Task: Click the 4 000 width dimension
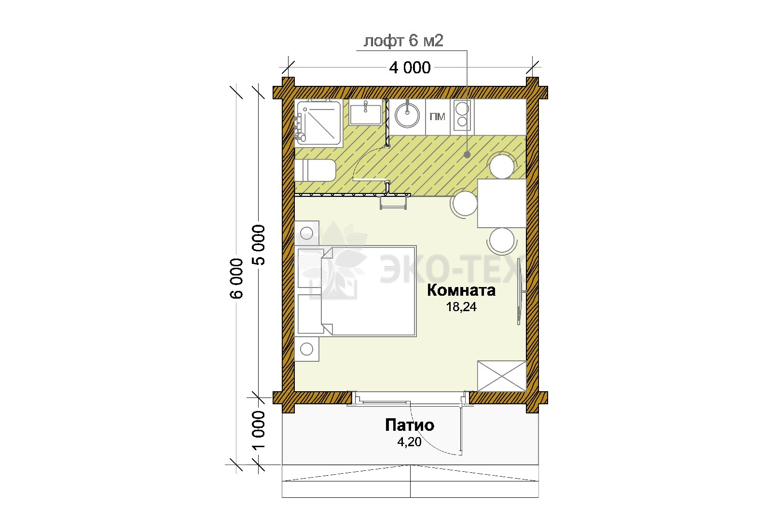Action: pos(410,68)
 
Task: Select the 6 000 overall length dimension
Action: pos(237,278)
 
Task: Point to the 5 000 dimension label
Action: pos(259,245)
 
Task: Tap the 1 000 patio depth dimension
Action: pos(259,430)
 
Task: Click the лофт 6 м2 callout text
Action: pos(403,41)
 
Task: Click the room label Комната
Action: pos(461,290)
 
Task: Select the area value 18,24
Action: pos(461,307)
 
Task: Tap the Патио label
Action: pos(410,425)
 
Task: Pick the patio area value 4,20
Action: pos(410,442)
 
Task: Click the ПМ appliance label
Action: pos(437,117)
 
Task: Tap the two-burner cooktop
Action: pos(462,115)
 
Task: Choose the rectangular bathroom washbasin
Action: pos(365,113)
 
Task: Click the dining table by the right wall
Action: pos(501,203)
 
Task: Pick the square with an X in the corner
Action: pos(501,376)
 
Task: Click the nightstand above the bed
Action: pos(307,233)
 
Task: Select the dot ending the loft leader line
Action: pos(467,155)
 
